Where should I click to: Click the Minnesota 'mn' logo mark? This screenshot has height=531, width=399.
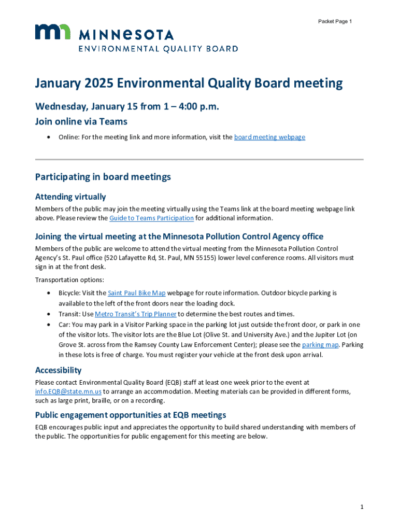[x=52, y=32]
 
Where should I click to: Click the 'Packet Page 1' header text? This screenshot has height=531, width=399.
[x=335, y=21]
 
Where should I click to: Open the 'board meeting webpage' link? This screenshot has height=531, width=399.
[x=269, y=137]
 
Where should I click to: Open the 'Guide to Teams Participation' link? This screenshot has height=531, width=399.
[x=151, y=218]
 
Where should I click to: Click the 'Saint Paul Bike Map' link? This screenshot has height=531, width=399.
[x=137, y=293]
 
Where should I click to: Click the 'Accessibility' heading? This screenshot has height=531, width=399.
[x=58, y=370]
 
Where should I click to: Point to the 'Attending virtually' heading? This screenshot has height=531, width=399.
[x=70, y=197]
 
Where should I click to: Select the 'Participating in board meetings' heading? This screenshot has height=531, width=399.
[x=103, y=177]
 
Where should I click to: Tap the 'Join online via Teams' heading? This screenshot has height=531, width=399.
[x=81, y=122]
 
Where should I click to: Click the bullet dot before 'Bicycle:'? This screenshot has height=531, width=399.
[x=48, y=293]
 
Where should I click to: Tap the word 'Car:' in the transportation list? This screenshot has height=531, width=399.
[x=64, y=324]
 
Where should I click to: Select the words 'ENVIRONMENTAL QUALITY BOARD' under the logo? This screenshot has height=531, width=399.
[x=158, y=49]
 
